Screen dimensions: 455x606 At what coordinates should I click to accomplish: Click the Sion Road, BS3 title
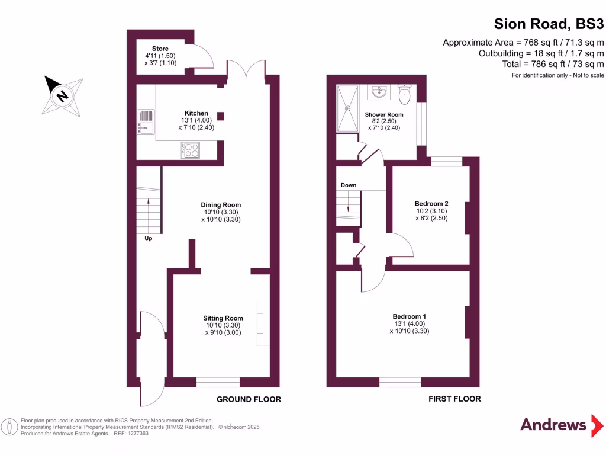[x=549, y=24]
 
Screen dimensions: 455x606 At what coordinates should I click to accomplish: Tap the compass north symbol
[x=61, y=94]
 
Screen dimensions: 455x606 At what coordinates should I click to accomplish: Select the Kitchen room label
[x=196, y=113]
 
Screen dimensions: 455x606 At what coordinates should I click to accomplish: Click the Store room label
[x=160, y=49]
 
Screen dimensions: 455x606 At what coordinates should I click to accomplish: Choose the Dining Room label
[x=221, y=205]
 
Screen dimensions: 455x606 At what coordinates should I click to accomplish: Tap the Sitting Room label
[x=223, y=318]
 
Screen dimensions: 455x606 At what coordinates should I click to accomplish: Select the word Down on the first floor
[x=349, y=185]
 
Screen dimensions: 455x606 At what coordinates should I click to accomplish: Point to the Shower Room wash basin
[x=378, y=92]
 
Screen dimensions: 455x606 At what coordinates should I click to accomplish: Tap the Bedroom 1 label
[x=409, y=316]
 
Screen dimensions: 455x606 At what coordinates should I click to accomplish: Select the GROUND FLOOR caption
[x=249, y=399]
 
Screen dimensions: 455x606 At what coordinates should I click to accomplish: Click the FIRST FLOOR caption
[x=454, y=399]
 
